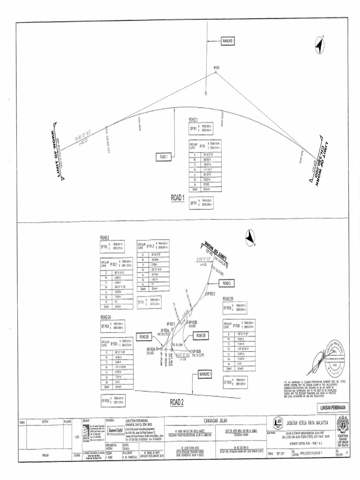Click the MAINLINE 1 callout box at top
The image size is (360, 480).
pos(227,41)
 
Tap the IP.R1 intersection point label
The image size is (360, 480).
pos(217,68)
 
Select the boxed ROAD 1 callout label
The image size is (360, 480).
pos(163,157)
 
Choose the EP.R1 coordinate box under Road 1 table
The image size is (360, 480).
pos(200,203)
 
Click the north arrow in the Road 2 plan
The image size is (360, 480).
pos(250,238)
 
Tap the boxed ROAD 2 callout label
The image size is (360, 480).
pos(227,284)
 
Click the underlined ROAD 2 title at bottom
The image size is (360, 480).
pos(177,402)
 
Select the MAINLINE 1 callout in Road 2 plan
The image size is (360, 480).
pos(203,374)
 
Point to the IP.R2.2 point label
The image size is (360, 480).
pos(210,294)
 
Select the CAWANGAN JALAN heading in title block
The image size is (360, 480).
pos(215,421)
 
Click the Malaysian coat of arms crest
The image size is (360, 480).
pos(343,423)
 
